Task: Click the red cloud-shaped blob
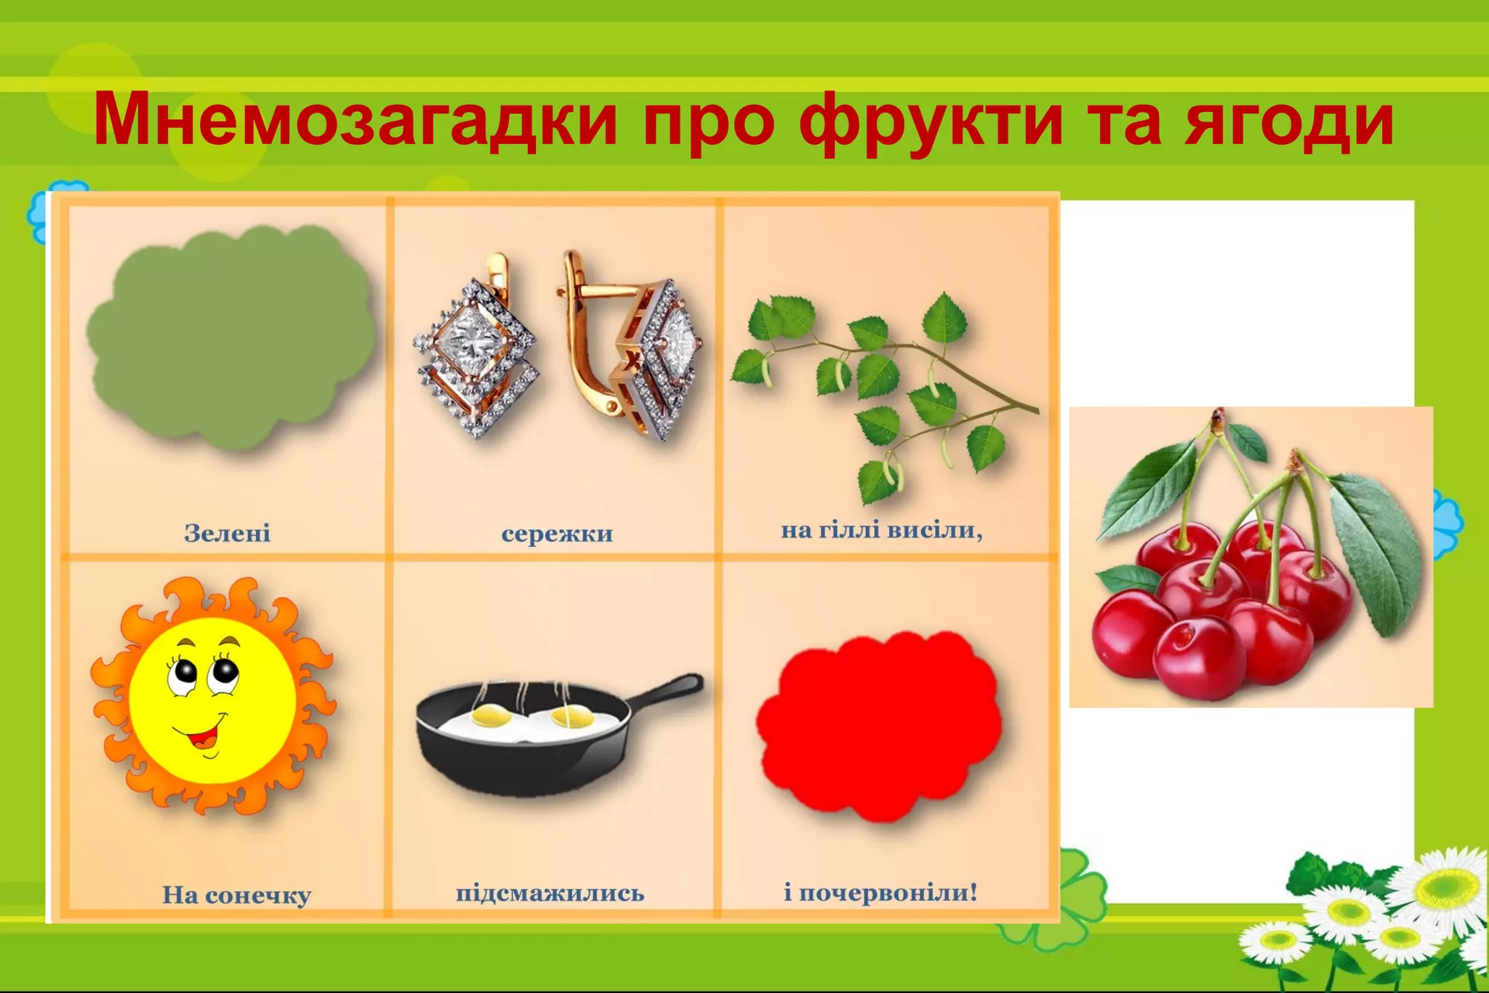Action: click(x=880, y=724)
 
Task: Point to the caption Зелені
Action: click(x=228, y=533)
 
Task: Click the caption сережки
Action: click(x=557, y=534)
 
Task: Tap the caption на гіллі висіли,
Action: click(x=881, y=530)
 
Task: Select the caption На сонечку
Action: click(x=236, y=895)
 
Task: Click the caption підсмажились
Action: click(x=550, y=893)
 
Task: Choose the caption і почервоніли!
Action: click(x=880, y=892)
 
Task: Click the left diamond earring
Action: click(x=476, y=349)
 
